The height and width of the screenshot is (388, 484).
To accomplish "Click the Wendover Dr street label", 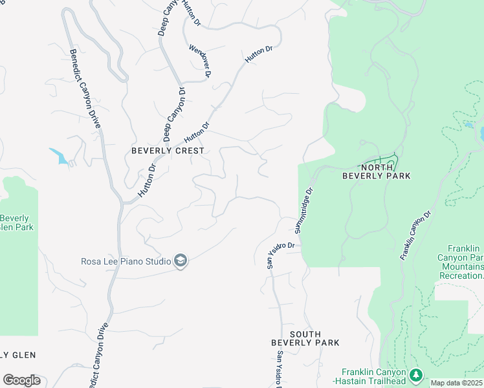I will [201, 61].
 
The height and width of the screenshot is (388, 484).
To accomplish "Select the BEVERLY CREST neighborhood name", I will [168, 151].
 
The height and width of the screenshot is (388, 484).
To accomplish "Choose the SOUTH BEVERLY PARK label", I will [305, 338].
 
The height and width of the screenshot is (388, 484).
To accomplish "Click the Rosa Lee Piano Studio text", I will [126, 261].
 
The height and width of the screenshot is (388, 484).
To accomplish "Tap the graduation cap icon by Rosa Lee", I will [181, 261].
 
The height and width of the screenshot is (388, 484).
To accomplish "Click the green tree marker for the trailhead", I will [415, 374].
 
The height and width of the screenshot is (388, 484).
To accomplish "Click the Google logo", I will [21, 380].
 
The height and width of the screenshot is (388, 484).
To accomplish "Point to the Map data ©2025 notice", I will [456, 383].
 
